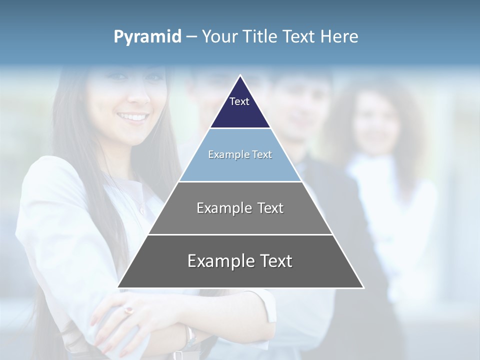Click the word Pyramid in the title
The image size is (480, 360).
147,37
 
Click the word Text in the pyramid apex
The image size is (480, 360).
239,101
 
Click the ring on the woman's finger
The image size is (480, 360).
129,310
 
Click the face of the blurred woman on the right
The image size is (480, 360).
376,122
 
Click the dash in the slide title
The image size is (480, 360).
191,37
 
